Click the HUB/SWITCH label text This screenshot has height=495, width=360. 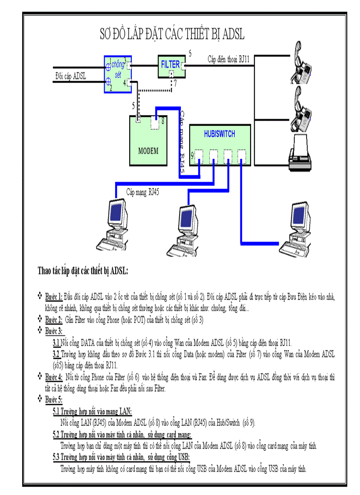click(219, 134)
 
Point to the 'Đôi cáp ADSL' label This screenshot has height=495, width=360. click(71, 76)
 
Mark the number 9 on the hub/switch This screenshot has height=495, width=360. click(192, 156)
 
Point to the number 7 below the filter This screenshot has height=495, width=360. click(175, 83)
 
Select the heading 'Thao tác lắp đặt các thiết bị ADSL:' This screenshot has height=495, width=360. click(82, 270)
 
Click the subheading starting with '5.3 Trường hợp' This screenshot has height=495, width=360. click(121, 457)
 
